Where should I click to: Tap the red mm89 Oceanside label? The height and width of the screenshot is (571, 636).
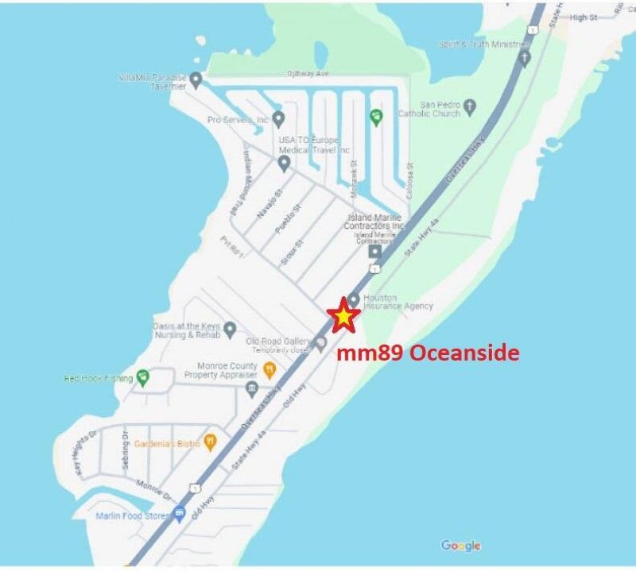[428, 353]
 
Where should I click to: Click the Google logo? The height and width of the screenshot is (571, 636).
[461, 546]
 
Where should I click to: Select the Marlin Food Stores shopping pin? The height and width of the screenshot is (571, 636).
[180, 513]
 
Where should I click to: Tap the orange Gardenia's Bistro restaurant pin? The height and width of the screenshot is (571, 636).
[210, 441]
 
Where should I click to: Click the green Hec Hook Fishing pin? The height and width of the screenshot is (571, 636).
[143, 377]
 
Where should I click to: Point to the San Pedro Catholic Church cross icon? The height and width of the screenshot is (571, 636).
[469, 105]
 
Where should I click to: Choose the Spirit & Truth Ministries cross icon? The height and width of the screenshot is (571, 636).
[523, 57]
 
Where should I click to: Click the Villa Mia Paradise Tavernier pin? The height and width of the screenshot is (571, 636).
[196, 79]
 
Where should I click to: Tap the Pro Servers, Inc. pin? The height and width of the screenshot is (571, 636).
[278, 119]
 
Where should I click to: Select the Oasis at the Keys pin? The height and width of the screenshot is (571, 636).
[230, 329]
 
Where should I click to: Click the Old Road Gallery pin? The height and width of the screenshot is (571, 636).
[320, 342]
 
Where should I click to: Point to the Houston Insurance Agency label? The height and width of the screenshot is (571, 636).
[397, 302]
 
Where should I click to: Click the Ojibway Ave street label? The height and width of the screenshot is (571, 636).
[308, 73]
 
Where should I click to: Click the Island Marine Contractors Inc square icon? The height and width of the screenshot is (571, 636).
[374, 252]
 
